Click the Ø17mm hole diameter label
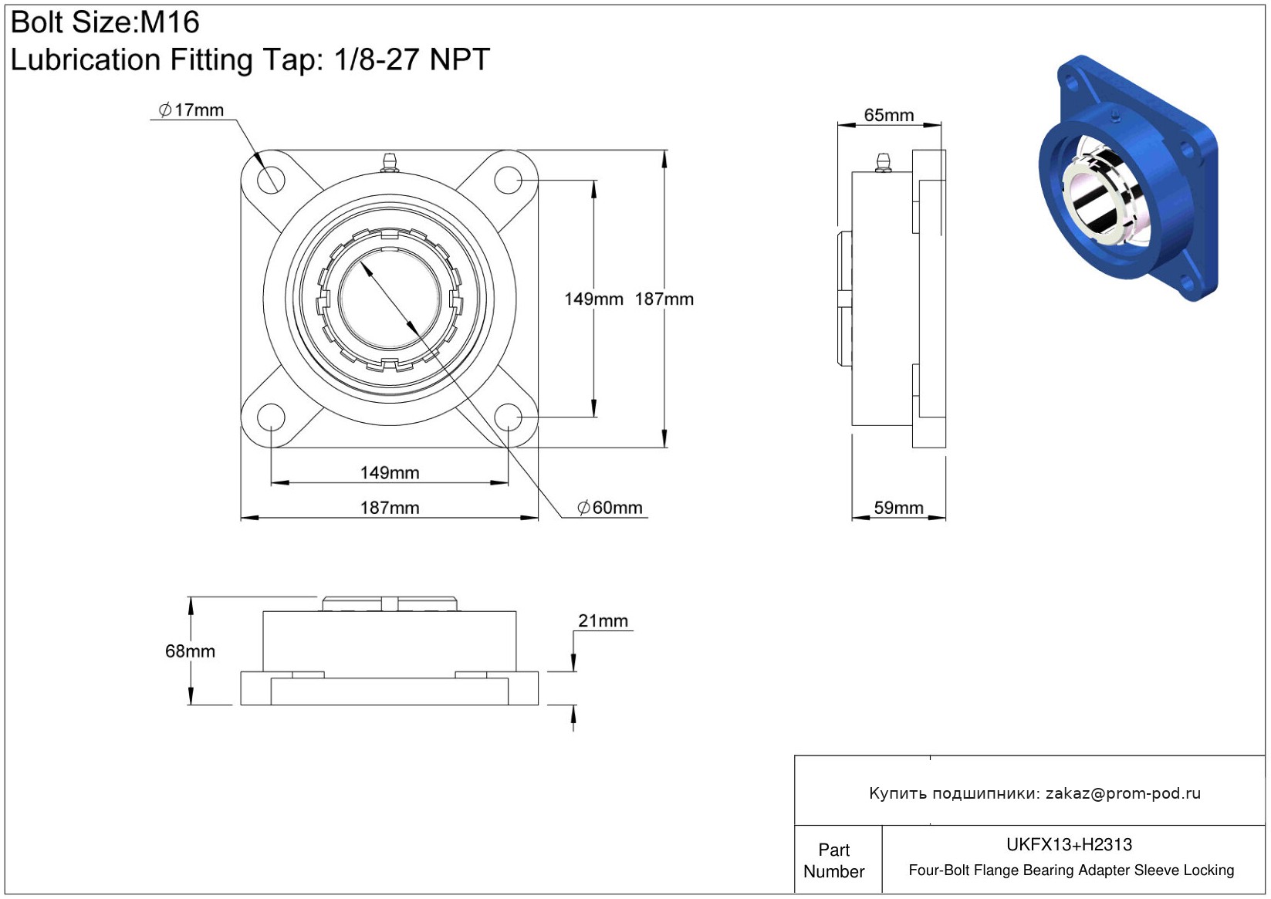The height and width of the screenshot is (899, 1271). click(191, 110)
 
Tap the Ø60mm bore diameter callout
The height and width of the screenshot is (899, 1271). click(610, 508)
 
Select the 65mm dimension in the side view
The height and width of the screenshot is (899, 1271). click(888, 115)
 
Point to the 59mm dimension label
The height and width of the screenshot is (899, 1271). click(899, 508)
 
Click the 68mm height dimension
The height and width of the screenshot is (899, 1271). click(190, 651)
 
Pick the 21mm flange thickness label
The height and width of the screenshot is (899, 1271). click(603, 621)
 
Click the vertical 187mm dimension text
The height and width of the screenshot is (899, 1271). click(664, 299)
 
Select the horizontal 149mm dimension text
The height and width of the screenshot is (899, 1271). click(390, 473)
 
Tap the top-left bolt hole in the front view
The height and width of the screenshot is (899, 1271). click(271, 180)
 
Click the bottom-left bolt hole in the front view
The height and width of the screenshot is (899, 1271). click(271, 417)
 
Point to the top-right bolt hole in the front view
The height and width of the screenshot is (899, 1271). click(508, 180)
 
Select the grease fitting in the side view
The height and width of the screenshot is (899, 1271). click(883, 162)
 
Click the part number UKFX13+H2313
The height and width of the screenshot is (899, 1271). click(1069, 844)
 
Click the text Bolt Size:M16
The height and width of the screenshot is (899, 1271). click(105, 22)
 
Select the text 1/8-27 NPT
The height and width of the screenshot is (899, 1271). click(412, 59)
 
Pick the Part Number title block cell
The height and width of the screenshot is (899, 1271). click(833, 860)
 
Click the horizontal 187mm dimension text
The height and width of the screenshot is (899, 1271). click(390, 508)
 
